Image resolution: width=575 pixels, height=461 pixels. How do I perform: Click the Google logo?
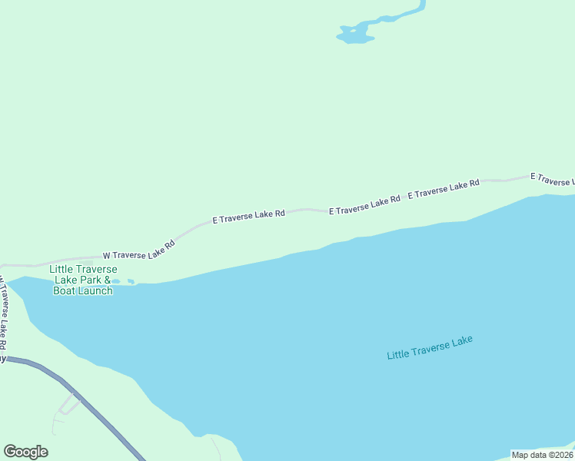[25, 452]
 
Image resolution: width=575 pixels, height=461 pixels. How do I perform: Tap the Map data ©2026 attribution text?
[543, 455]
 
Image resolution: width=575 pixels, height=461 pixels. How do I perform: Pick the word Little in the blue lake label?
[398, 354]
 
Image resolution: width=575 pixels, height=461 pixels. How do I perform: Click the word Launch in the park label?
[96, 290]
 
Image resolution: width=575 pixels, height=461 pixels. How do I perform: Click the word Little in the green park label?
[61, 269]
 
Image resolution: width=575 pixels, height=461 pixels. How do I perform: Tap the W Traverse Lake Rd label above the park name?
[138, 250]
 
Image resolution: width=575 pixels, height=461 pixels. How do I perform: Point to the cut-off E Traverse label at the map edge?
[552, 179]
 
